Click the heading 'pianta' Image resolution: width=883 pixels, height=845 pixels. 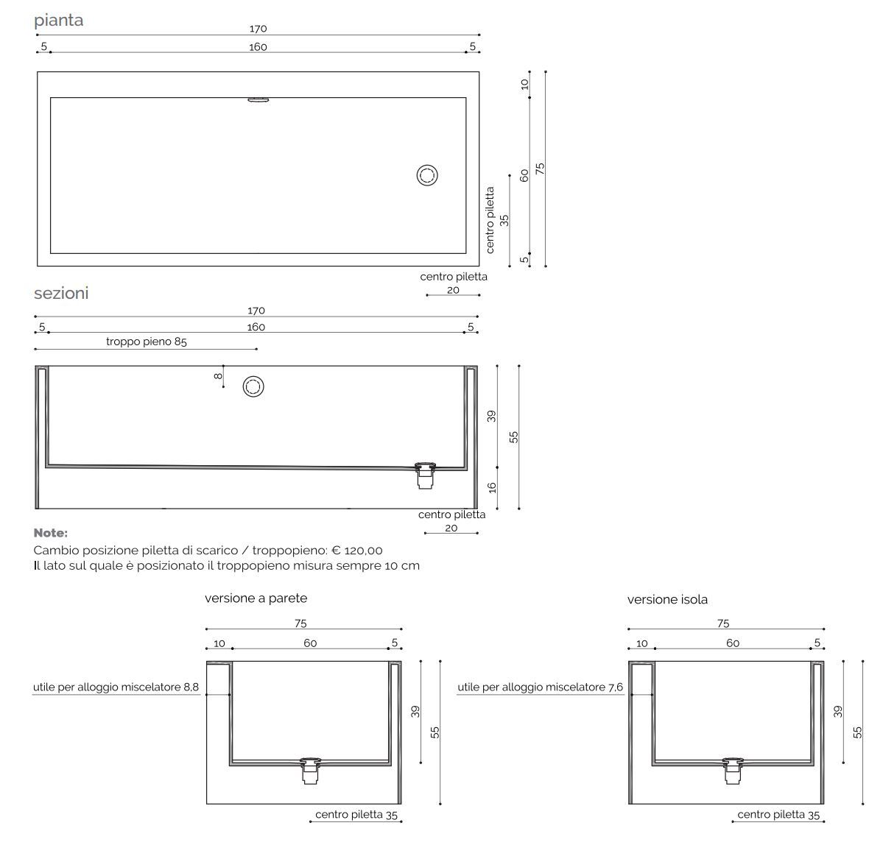59,21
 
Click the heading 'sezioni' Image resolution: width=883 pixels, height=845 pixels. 61,293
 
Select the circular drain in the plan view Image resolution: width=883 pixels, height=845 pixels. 427,175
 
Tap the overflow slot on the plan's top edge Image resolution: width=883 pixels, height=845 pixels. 258,101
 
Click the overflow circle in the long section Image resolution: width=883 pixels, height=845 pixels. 253,386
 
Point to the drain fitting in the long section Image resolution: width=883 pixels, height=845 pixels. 426,474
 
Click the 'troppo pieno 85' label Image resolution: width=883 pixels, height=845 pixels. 146,342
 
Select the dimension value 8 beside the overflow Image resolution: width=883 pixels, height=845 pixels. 218,376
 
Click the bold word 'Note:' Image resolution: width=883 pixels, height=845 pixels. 51,533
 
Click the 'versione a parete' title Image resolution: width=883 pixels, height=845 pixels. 256,598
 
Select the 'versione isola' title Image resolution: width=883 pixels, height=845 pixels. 667,600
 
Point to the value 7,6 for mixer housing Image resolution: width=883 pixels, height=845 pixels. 615,687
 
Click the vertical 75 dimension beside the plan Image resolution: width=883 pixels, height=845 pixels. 541,168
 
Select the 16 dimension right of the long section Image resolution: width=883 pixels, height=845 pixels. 493,487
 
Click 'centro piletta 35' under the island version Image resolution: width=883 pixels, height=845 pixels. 778,815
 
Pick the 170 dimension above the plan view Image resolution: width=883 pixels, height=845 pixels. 258,29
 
